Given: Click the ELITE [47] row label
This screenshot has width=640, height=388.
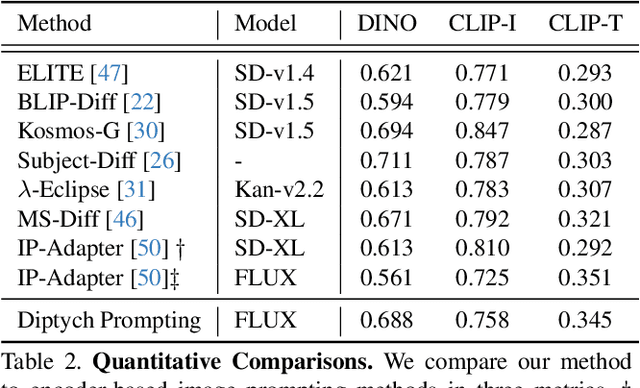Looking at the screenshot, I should point(73,71).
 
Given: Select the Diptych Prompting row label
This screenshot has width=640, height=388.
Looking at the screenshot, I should point(109,321).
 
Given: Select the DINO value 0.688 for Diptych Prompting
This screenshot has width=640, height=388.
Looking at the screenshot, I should point(387,321).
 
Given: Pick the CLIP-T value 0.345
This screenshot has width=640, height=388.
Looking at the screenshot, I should point(585,321).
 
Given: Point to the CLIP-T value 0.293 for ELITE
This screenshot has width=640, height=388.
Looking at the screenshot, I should point(585,71).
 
